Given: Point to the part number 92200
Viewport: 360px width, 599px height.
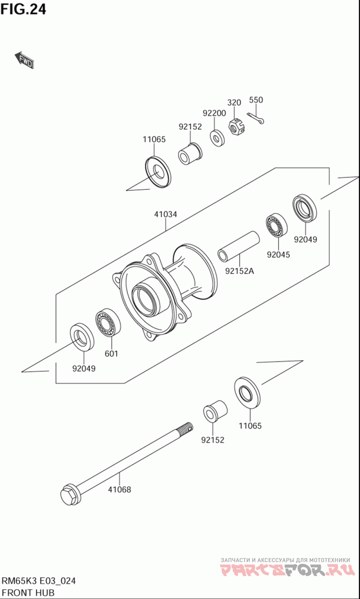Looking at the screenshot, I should point(214,113).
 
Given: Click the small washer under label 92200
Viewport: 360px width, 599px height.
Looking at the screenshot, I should point(218,138).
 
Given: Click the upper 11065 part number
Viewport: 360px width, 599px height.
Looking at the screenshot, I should point(154,140).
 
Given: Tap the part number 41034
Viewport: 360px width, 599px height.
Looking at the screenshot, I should point(165,214).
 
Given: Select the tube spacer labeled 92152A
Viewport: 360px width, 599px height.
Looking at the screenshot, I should point(239,247).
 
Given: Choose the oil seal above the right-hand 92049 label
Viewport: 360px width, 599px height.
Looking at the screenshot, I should point(305,208).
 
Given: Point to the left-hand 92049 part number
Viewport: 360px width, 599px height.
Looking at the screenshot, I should point(84,369).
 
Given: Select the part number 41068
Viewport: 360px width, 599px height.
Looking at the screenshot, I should point(119,489).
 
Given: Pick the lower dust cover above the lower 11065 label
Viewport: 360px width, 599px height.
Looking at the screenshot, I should point(247,392).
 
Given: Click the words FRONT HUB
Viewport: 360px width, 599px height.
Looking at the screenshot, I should point(28,593).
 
